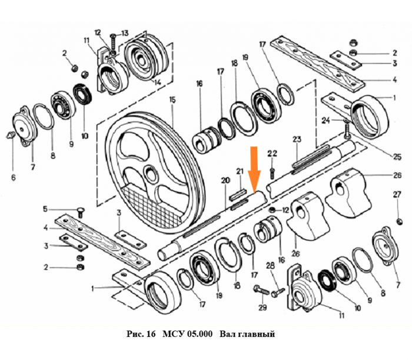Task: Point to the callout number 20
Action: pos(224,180)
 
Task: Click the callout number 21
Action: pos(239,171)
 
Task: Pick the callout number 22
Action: pos(272,153)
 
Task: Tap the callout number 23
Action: pos(297,140)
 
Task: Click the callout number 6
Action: pos(13,177)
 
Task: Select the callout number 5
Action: pos(45,209)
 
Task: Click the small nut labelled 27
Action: pos(400,221)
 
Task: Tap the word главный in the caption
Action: pos(256,334)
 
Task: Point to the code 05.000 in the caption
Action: pos(197,334)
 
